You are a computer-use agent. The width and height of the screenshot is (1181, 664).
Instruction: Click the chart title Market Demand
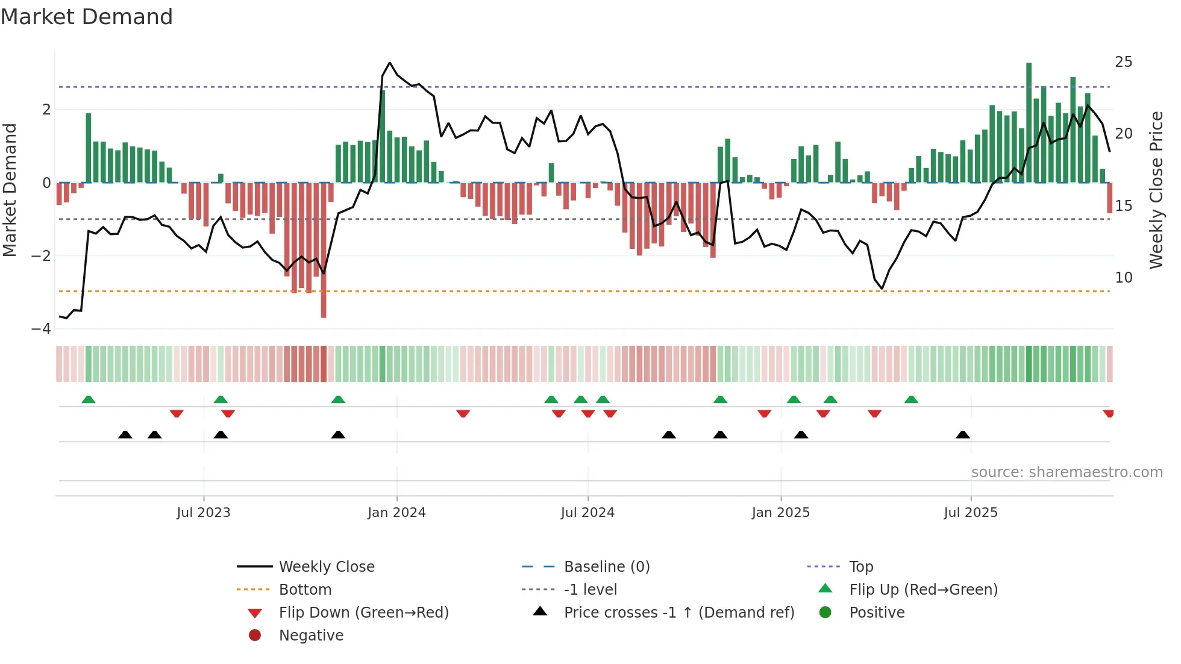pyautogui.click(x=87, y=17)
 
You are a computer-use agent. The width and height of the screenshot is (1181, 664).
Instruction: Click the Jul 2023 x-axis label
pyautogui.click(x=204, y=513)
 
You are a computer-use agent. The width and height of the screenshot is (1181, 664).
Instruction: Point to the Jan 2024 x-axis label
pyautogui.click(x=396, y=513)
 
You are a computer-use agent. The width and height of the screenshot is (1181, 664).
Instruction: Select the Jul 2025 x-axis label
pyautogui.click(x=971, y=513)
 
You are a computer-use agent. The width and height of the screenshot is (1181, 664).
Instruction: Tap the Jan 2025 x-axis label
pyautogui.click(x=781, y=513)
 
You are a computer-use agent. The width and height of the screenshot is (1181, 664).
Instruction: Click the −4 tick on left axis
pyautogui.click(x=42, y=329)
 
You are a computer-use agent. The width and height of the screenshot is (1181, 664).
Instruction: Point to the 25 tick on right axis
pyautogui.click(x=1123, y=62)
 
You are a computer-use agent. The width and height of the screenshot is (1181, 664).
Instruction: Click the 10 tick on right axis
pyautogui.click(x=1123, y=278)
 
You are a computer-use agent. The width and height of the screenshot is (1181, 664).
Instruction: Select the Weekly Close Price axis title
pyautogui.click(x=1156, y=190)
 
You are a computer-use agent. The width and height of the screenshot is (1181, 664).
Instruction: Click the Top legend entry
pyautogui.click(x=861, y=567)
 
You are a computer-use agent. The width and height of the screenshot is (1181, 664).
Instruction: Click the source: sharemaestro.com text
pyautogui.click(x=1067, y=472)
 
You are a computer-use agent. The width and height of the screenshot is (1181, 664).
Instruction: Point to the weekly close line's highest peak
pyautogui.click(x=390, y=63)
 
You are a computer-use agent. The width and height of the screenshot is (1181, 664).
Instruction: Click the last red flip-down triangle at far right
pyautogui.click(x=1108, y=413)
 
